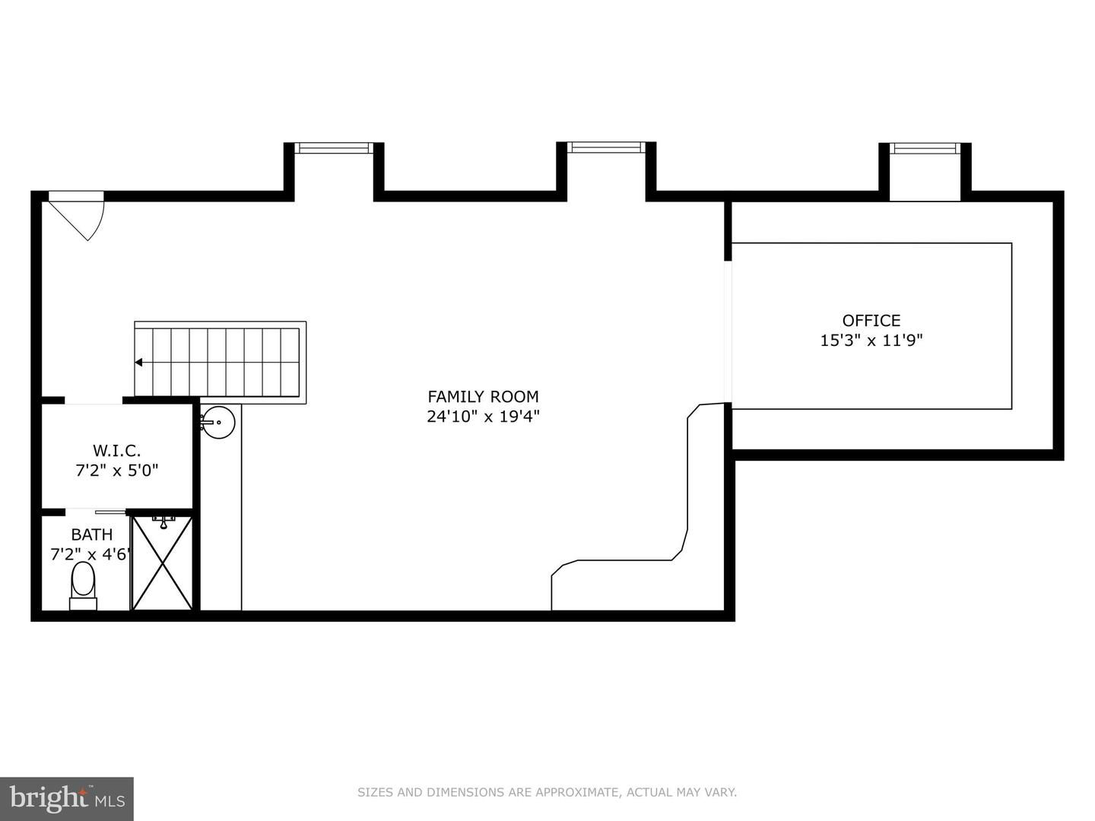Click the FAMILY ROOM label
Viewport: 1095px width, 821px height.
point(483,397)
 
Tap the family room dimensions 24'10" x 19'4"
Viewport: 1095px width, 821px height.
point(483,417)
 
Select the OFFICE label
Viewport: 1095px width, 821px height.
point(871,320)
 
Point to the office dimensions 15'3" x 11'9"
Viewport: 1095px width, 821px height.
point(871,341)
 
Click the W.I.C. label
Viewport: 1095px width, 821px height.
point(117,451)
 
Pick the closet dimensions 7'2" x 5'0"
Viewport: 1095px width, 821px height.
point(117,470)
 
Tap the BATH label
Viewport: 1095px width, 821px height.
point(92,534)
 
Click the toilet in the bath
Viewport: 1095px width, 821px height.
point(83,585)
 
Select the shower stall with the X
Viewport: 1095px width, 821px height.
point(162,563)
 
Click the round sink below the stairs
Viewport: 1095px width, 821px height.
point(217,422)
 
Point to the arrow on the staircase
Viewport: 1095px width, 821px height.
point(138,363)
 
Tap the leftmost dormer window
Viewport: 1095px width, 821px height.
point(333,147)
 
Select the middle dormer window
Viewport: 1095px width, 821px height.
point(606,147)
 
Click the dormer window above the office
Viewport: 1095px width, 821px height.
point(925,148)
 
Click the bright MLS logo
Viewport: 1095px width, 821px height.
point(66,798)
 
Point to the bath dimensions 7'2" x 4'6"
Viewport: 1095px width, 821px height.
point(92,554)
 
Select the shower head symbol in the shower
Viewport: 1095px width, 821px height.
point(163,522)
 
